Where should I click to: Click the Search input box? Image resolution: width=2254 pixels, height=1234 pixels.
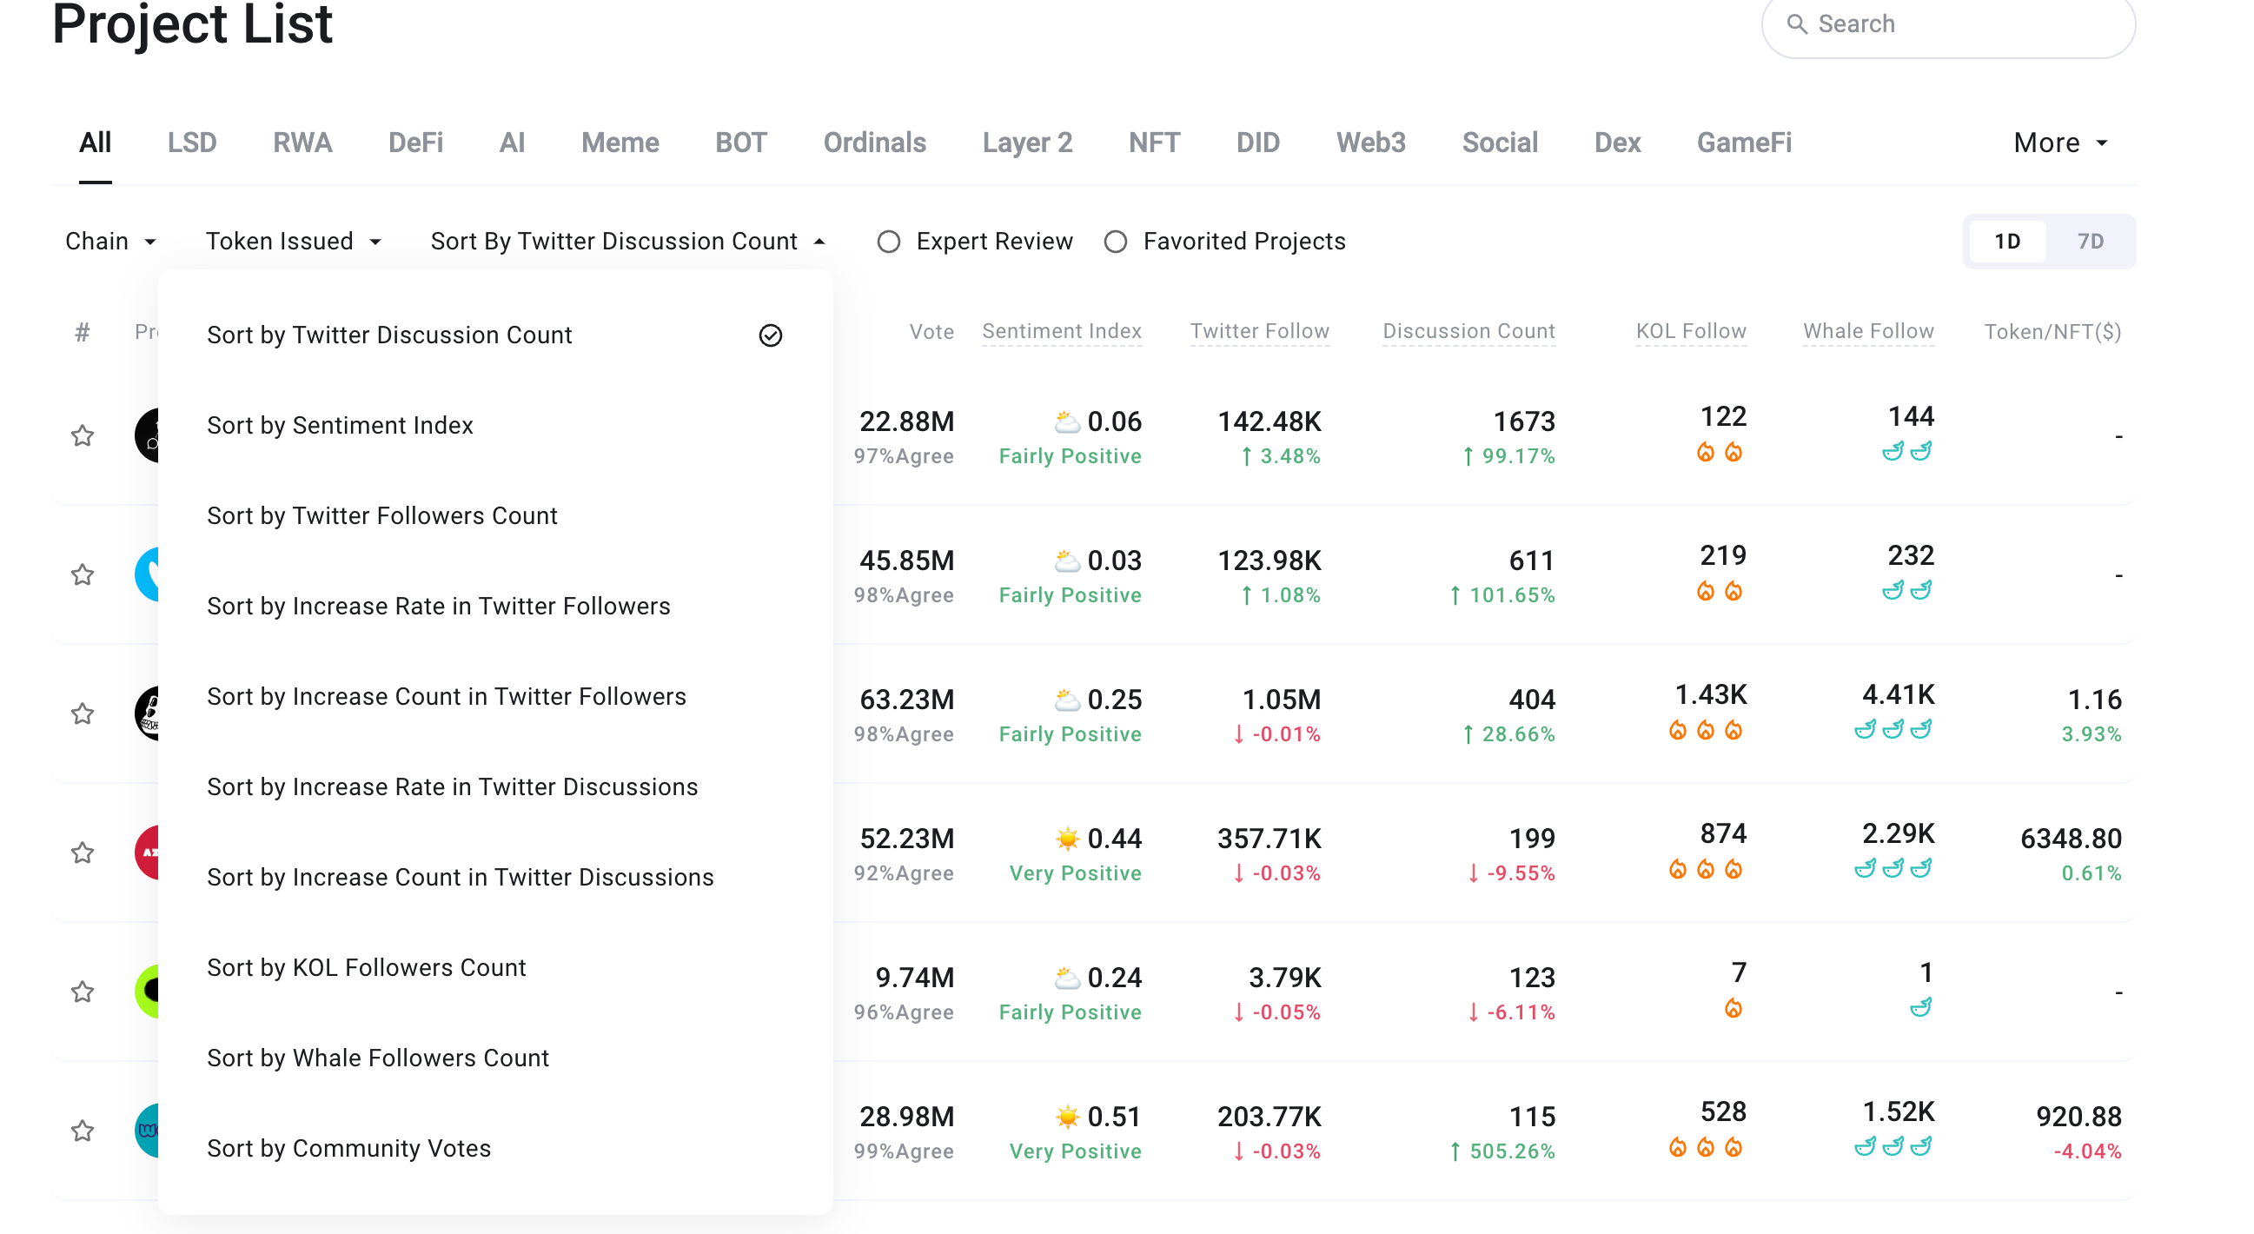point(1948,24)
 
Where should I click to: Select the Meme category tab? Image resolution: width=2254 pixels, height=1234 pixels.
point(620,143)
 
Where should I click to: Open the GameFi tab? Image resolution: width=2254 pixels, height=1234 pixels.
point(1744,143)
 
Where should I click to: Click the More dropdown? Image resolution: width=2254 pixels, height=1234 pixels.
point(2060,143)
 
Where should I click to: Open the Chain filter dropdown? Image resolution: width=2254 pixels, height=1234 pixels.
point(110,242)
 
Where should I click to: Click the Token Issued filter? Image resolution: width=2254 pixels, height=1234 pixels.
point(293,242)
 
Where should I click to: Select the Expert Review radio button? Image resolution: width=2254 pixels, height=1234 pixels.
point(888,242)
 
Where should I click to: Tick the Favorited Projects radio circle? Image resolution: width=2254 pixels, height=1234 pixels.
point(1115,242)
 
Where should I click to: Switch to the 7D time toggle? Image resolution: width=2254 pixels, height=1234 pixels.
point(2090,242)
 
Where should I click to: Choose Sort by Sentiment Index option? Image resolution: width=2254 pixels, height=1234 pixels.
point(340,425)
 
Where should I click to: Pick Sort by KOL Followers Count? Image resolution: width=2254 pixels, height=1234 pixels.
point(366,968)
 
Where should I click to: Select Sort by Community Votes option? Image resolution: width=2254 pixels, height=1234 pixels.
point(348,1148)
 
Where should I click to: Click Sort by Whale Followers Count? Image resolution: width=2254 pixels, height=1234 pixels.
point(377,1058)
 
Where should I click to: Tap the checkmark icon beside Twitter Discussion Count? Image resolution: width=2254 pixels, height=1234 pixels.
point(770,335)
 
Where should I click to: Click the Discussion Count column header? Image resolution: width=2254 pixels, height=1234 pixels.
point(1468,331)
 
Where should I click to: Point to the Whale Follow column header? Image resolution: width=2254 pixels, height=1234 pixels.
point(1868,331)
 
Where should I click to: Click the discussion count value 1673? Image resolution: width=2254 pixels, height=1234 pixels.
point(1523,421)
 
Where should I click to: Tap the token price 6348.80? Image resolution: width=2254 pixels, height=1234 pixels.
point(2071,839)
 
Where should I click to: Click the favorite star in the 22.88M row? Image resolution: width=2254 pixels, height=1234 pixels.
point(83,435)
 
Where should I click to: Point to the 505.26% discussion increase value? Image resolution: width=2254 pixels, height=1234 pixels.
point(1502,1151)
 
